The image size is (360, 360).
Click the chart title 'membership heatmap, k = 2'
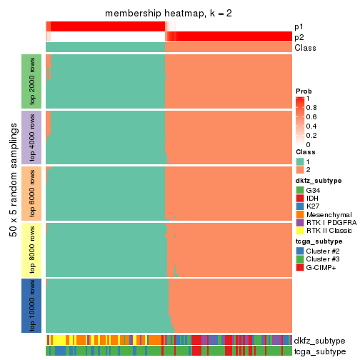click(168, 14)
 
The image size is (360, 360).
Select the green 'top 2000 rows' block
click(32, 80)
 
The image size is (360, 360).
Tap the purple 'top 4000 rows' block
click(32, 136)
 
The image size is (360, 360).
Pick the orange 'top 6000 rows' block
click(32, 193)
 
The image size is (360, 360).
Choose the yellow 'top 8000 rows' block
click(32, 249)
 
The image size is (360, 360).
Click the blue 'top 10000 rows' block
click(32, 306)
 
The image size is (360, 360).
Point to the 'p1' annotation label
click(299, 26)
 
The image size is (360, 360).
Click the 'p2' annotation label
click(299, 37)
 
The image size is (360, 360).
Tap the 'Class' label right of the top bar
click(305, 48)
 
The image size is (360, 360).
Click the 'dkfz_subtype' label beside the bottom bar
click(319, 341)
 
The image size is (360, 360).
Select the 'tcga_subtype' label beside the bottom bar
click(319, 351)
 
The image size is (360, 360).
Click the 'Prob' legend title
click(305, 91)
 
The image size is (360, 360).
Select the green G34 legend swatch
click(300, 191)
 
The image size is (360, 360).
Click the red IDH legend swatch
click(300, 200)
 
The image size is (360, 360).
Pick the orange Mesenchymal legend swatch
click(300, 219)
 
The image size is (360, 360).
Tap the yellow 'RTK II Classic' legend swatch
click(300, 237)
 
